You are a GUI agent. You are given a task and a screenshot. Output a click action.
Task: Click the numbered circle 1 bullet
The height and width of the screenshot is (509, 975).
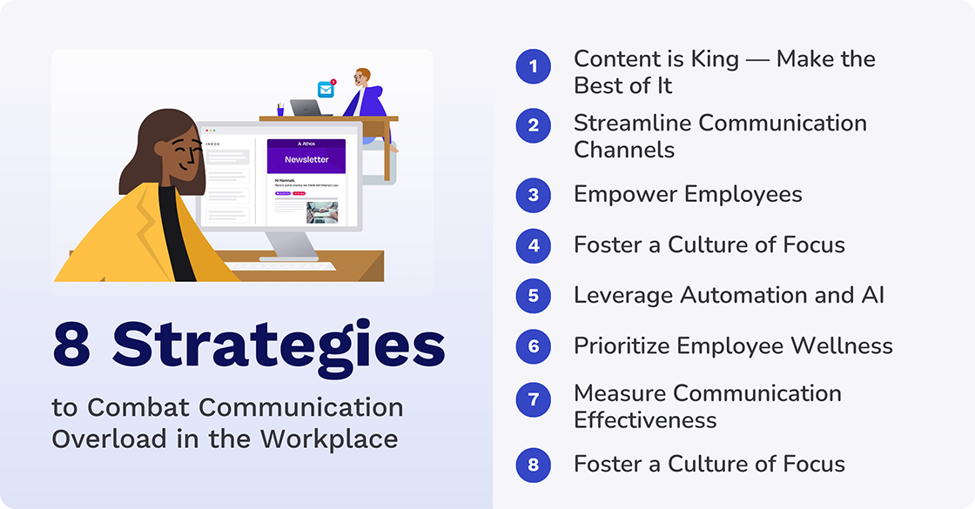tap(533, 67)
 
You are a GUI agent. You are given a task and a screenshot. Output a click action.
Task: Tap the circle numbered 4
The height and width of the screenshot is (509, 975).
tap(533, 245)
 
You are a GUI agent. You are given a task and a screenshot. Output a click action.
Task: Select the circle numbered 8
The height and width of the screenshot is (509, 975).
tap(533, 465)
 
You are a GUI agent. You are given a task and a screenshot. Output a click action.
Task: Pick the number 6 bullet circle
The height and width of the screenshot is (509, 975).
tap(533, 346)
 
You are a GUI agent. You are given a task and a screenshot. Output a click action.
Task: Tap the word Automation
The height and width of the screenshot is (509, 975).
tap(756, 295)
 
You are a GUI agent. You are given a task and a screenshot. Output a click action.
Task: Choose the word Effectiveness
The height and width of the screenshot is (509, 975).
tap(645, 420)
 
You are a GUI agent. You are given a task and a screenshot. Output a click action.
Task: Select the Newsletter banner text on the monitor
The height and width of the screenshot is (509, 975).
tap(306, 159)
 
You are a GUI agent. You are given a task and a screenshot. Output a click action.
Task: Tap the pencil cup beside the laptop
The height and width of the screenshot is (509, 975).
tap(280, 109)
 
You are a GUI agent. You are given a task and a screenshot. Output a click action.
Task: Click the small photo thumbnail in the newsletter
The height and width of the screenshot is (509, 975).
tap(321, 211)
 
